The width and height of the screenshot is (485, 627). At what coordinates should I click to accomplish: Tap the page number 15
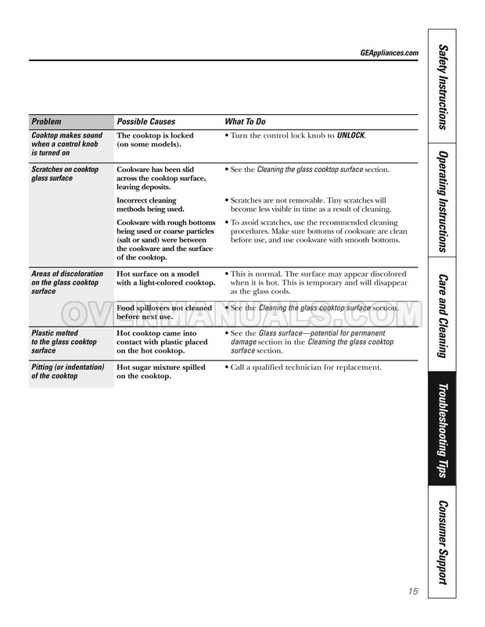(x=412, y=591)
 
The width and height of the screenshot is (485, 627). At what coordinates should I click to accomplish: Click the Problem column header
(x=46, y=122)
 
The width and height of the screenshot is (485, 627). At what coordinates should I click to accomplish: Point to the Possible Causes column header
(x=146, y=122)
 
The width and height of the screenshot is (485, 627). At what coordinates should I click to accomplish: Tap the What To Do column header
(x=245, y=122)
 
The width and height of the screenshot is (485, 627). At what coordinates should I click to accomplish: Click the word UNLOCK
(x=351, y=135)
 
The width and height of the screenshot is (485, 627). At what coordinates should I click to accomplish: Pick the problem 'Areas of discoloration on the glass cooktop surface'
(x=66, y=282)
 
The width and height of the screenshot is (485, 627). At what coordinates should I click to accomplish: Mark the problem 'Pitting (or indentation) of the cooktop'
(x=67, y=371)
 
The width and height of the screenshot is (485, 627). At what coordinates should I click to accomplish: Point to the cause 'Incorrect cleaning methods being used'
(x=150, y=205)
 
